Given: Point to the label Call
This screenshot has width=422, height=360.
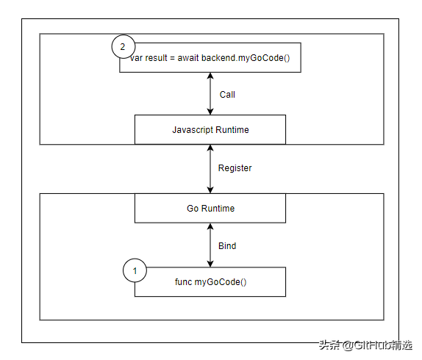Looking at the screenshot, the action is click(227, 95).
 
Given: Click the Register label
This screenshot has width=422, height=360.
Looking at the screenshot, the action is click(235, 168).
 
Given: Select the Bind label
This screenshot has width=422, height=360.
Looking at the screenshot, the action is click(227, 245).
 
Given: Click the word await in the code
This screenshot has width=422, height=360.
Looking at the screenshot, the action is click(188, 58).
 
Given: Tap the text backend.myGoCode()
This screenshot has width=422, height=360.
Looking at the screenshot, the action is click(246, 58).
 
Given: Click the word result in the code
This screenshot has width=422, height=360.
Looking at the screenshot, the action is click(156, 58).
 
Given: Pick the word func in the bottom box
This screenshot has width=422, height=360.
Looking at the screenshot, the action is click(183, 282).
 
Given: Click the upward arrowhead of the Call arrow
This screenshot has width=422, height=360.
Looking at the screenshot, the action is click(210, 76).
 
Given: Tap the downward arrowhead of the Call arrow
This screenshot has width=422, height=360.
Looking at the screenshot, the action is click(210, 112).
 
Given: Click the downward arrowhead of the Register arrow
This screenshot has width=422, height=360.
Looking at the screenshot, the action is click(210, 190).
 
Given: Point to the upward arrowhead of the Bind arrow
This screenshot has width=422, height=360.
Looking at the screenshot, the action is click(210, 226).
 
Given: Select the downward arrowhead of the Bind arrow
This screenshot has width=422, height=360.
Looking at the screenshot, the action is click(210, 264).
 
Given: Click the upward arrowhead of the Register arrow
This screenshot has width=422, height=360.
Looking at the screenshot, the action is click(210, 148).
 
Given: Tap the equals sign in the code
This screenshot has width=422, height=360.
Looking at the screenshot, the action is click(172, 58).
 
